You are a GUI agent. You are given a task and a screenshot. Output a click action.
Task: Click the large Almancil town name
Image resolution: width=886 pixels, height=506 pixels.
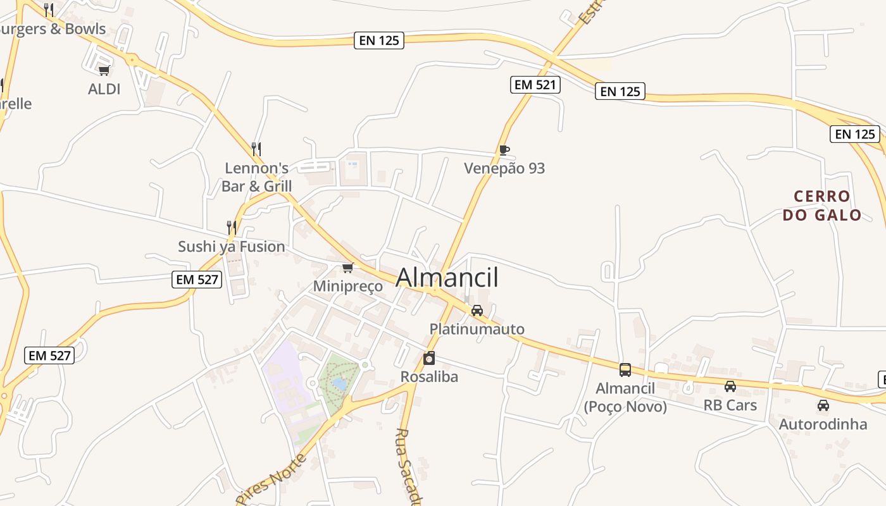pyautogui.click(x=447, y=278)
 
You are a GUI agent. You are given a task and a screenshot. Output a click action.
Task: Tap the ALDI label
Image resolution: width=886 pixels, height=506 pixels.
pyautogui.click(x=104, y=89)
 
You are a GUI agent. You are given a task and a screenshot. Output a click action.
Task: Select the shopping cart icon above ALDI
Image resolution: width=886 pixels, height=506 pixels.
pyautogui.click(x=104, y=70)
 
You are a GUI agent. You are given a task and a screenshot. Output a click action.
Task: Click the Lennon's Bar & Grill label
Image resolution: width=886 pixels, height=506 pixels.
pyautogui.click(x=257, y=177)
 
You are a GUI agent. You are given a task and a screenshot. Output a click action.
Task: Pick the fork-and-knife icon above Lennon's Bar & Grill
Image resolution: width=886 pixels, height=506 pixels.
pyautogui.click(x=256, y=149)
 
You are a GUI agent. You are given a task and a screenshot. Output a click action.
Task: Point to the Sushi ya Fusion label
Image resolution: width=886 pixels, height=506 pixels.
pyautogui.click(x=232, y=247)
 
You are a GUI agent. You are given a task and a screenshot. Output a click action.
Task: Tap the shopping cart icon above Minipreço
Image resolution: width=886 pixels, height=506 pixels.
pyautogui.click(x=347, y=268)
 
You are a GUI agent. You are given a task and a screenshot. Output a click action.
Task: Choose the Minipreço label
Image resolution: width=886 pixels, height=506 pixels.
pyautogui.click(x=348, y=287)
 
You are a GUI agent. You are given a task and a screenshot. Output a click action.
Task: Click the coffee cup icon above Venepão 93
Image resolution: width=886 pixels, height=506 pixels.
pyautogui.click(x=504, y=150)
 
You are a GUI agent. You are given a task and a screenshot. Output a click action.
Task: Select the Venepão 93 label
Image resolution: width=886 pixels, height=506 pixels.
pyautogui.click(x=504, y=168)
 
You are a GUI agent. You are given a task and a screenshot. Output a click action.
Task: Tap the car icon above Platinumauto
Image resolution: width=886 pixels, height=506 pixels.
pyautogui.click(x=477, y=311)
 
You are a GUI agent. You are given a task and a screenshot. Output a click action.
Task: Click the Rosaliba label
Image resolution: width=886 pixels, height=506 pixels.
pyautogui.click(x=429, y=377)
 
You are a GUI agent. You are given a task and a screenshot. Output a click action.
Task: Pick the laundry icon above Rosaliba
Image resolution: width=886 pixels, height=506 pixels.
pyautogui.click(x=429, y=359)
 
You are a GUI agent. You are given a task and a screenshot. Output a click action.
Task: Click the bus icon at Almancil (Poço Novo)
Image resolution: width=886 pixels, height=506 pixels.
pyautogui.click(x=625, y=370)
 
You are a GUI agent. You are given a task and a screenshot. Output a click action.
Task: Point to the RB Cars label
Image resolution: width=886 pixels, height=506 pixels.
pyautogui.click(x=730, y=405)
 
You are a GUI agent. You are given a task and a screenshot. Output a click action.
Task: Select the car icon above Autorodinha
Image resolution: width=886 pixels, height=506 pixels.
pyautogui.click(x=823, y=405)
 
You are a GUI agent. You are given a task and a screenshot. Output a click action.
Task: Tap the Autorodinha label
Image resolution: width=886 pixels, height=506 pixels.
pyautogui.click(x=823, y=424)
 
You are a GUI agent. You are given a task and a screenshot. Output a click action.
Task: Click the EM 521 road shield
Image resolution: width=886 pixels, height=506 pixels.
pyautogui.click(x=535, y=85)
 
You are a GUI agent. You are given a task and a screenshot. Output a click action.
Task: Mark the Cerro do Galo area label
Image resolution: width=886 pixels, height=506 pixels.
pyautogui.click(x=822, y=206)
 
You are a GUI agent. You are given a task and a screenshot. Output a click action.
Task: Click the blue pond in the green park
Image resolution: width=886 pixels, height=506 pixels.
pyautogui.click(x=340, y=383)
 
